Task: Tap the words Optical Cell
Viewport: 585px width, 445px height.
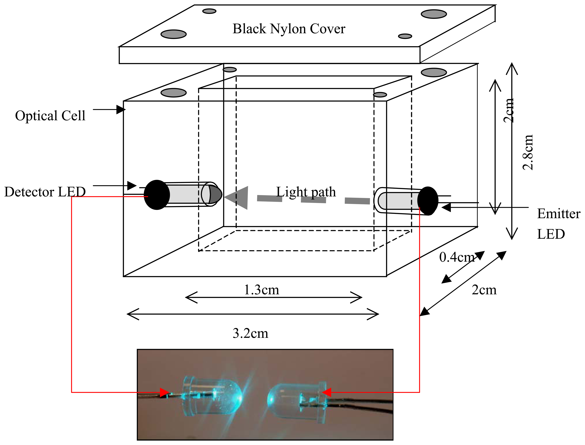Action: coord(50,116)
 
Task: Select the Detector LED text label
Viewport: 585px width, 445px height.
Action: coord(45,192)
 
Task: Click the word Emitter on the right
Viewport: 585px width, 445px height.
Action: coord(558,214)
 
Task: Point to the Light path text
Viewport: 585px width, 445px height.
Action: coord(306,192)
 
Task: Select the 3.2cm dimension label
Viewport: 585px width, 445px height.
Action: coord(250,333)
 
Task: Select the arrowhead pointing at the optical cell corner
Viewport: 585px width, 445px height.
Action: coord(121,109)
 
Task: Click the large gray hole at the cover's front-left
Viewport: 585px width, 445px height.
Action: coord(173,34)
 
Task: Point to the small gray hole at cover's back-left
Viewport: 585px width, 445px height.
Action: coord(209,11)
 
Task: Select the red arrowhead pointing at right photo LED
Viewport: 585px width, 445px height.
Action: coord(326,392)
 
